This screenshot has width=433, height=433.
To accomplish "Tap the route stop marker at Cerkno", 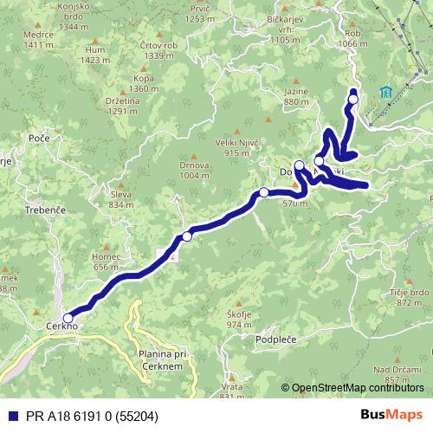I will (68, 318).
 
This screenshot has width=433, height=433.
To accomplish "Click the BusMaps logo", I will (391, 416).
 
